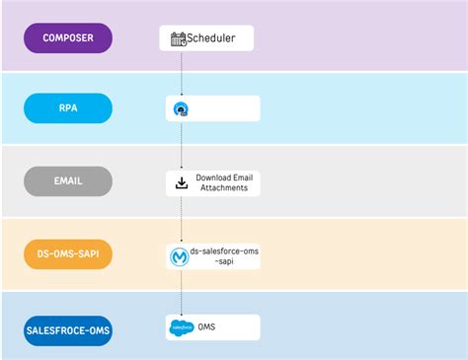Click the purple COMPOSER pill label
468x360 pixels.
[68, 37]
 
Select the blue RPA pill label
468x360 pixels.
[68, 108]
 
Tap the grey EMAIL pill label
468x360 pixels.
[68, 181]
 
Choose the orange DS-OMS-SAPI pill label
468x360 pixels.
[68, 254]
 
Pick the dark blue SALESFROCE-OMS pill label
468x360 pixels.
[68, 329]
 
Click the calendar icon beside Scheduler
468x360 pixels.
[179, 39]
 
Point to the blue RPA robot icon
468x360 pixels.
[182, 109]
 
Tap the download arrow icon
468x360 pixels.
[181, 182]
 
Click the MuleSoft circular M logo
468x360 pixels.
[181, 257]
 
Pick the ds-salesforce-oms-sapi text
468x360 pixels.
[225, 256]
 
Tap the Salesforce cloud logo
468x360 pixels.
[182, 326]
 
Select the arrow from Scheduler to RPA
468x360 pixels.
[182, 74]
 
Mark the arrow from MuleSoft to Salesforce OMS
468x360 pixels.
[182, 292]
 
